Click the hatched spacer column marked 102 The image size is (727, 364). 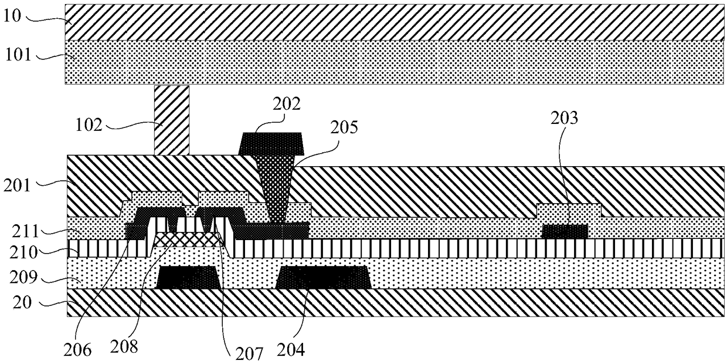tap(172, 120)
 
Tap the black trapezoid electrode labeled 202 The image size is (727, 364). tap(271, 144)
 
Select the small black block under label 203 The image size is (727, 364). tap(564, 231)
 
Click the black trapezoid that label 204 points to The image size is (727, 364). tap(323, 278)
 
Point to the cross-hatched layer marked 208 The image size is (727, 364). tap(188, 240)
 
